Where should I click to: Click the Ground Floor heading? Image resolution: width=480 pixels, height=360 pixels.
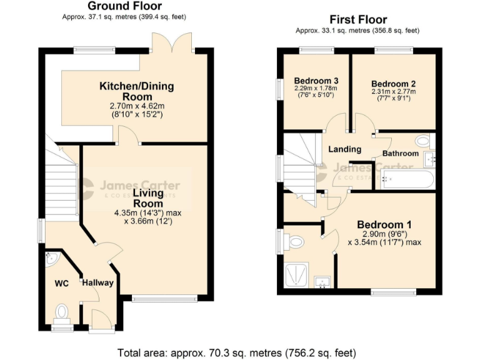(x=124, y=6)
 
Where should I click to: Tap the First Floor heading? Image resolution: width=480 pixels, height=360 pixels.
(x=359, y=20)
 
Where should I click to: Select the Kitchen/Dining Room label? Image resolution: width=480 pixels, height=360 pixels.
(x=137, y=91)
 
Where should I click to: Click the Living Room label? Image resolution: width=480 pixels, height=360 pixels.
(x=147, y=198)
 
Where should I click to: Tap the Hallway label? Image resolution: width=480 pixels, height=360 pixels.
(x=98, y=283)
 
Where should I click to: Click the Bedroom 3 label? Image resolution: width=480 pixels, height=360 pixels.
(x=316, y=81)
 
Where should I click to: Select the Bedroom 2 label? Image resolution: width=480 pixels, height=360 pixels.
(x=393, y=84)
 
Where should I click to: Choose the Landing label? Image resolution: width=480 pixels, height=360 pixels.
(x=345, y=149)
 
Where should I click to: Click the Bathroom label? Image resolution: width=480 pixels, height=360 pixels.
(x=401, y=153)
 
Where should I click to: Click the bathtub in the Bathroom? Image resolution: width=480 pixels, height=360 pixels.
(x=406, y=180)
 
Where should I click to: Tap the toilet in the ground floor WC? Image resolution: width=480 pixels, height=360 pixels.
(x=61, y=311)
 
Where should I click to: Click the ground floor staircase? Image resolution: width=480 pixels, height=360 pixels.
(x=61, y=181)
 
